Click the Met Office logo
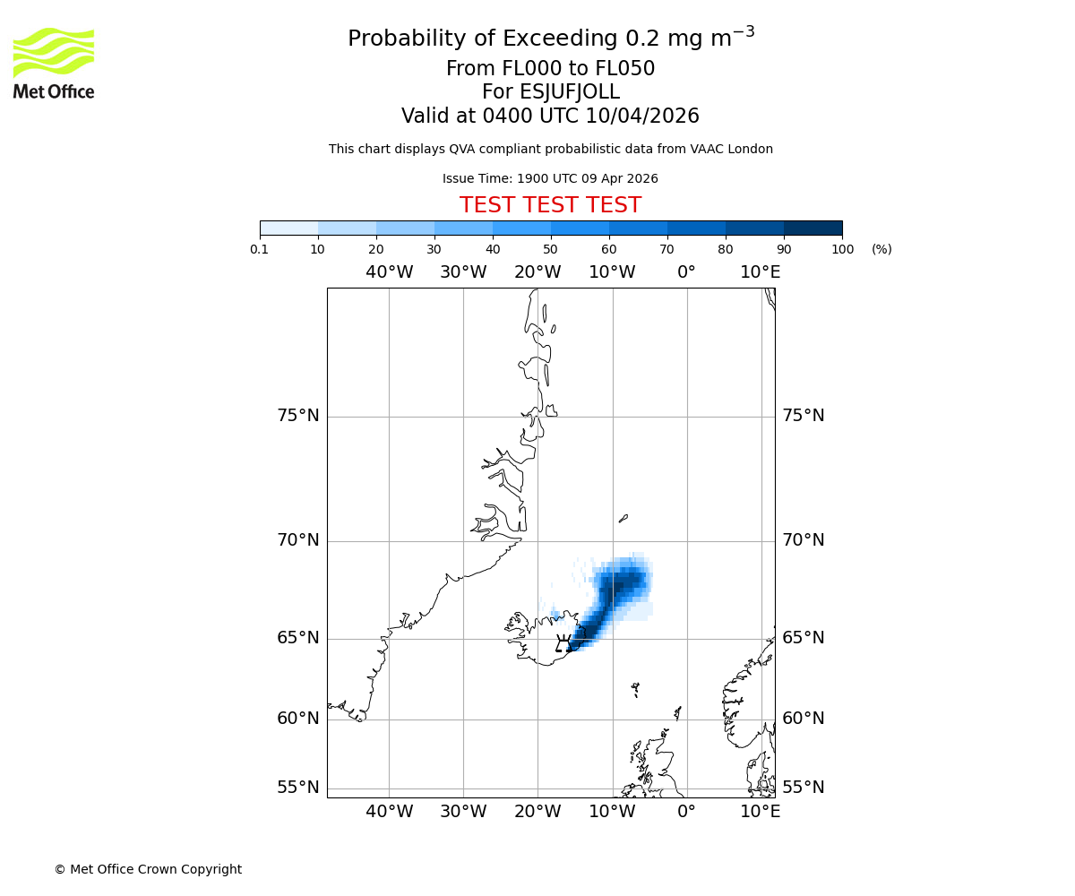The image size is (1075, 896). [x=54, y=63]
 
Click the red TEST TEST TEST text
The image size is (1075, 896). [x=550, y=205]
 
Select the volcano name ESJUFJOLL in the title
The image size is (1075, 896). [x=550, y=92]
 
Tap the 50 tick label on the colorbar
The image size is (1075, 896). [x=550, y=249]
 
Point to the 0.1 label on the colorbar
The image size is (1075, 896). [x=260, y=249]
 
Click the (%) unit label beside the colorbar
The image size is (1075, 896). [x=881, y=249]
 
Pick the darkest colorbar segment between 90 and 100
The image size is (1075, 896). [x=813, y=228]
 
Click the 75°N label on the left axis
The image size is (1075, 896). [x=297, y=416]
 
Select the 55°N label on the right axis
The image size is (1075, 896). [x=803, y=788]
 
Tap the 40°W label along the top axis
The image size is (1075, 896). [x=389, y=272]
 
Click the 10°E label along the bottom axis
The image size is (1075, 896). [x=760, y=812]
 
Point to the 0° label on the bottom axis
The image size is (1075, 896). [x=686, y=812]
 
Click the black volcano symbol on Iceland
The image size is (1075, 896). [x=563, y=643]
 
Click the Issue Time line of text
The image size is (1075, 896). [x=550, y=178]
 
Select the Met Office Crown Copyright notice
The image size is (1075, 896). [x=148, y=869]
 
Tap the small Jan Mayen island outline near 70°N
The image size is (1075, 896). [x=623, y=518]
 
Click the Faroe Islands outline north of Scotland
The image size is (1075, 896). [x=635, y=689]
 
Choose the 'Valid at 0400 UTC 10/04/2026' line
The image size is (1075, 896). [x=550, y=116]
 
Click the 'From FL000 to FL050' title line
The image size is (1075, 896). [x=550, y=69]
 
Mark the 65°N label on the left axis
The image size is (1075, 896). [x=297, y=638]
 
